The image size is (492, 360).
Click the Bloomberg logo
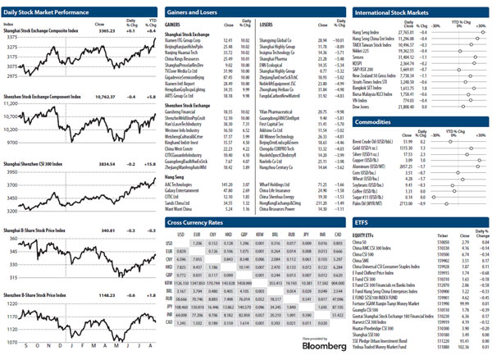(300, 345)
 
